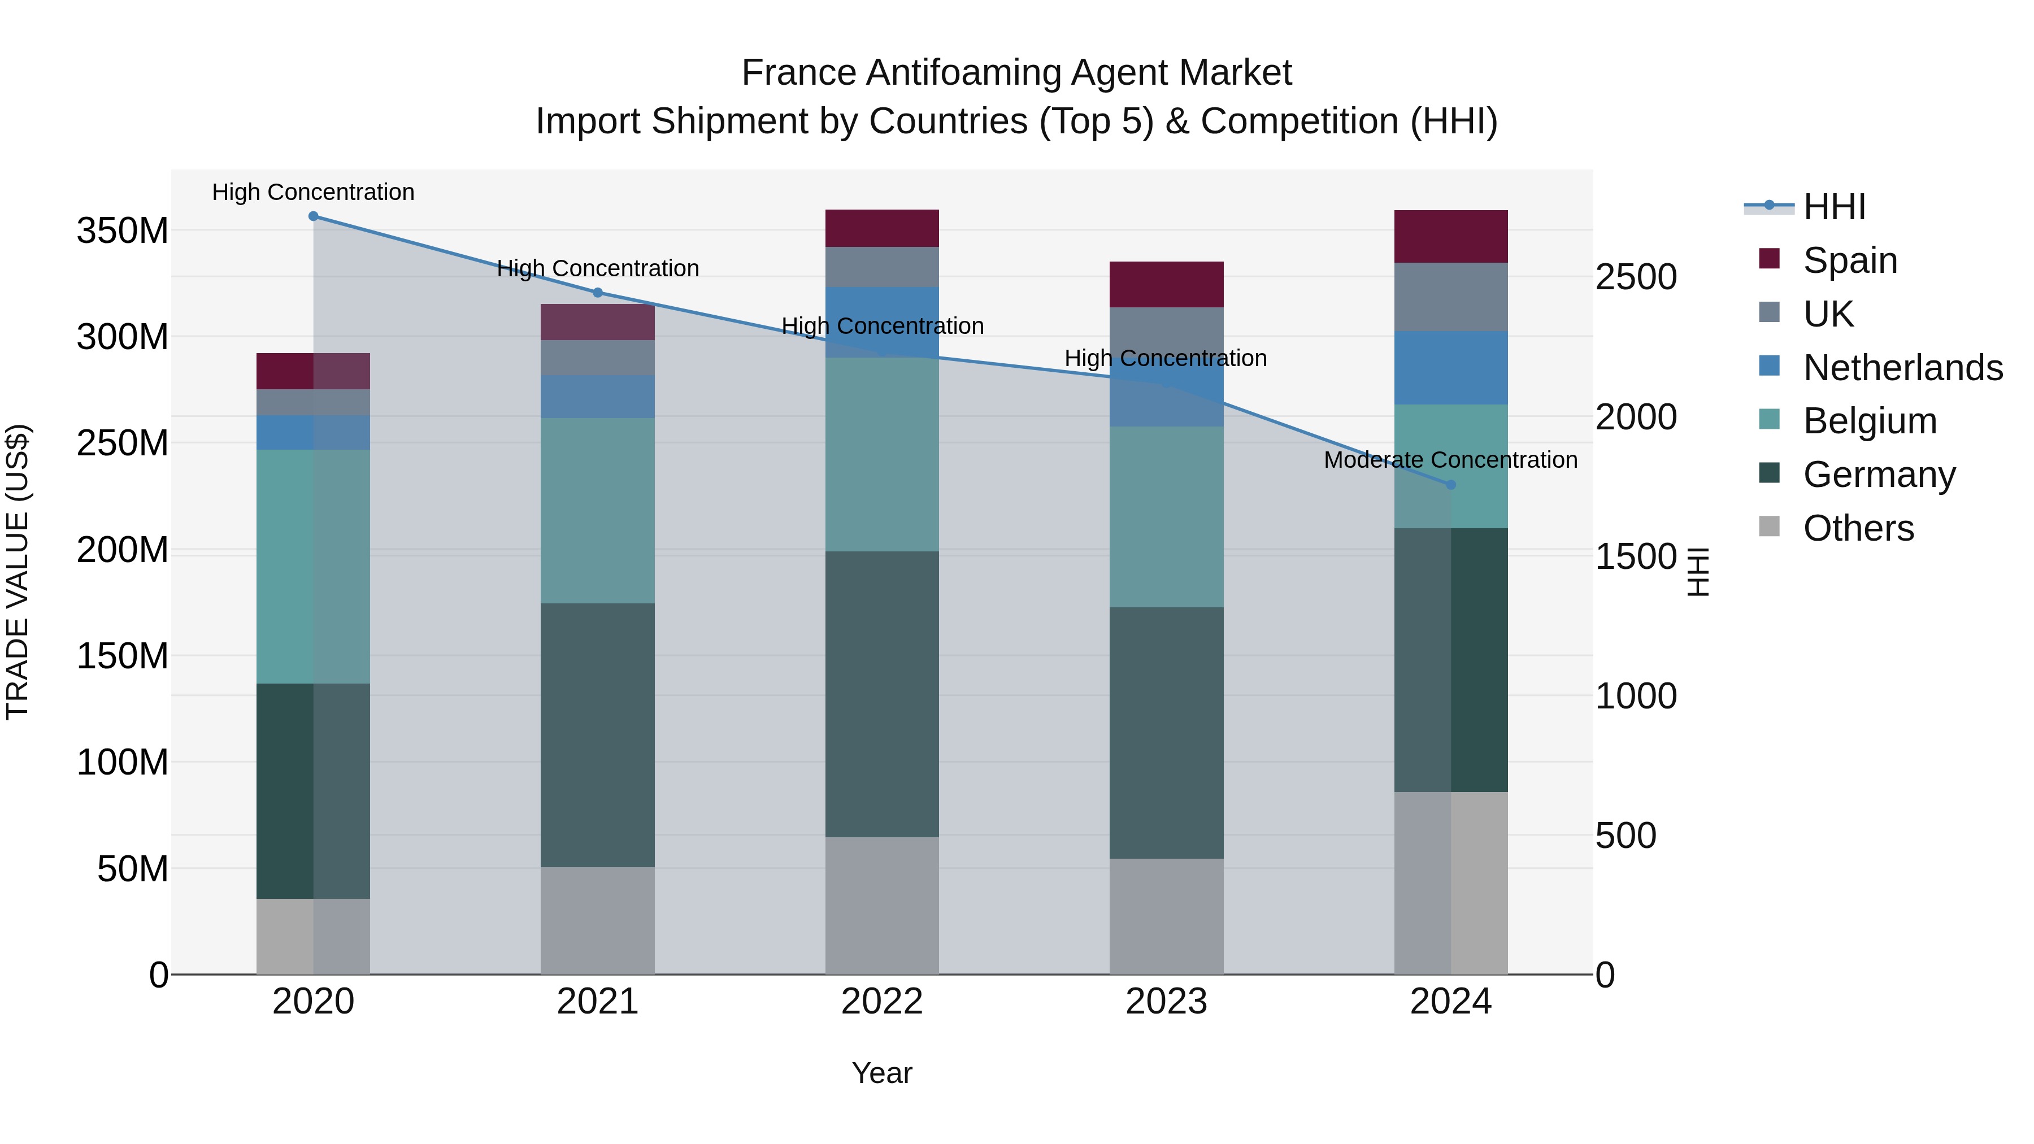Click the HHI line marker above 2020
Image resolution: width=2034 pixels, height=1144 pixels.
coord(314,216)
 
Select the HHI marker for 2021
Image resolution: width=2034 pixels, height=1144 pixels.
coord(598,293)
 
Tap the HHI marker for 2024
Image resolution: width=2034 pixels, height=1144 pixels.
coord(1450,485)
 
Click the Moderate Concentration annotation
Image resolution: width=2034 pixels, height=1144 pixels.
coord(1450,459)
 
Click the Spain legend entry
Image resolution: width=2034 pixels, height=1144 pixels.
coord(1849,260)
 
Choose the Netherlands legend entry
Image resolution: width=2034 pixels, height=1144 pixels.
coord(1902,367)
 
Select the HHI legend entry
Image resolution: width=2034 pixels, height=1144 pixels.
coord(1833,207)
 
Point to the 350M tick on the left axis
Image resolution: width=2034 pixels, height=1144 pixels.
coord(123,230)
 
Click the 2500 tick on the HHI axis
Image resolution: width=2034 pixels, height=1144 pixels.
coord(1636,277)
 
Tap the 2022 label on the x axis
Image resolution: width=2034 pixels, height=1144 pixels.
coord(882,1002)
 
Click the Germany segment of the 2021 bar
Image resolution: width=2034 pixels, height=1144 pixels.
coord(598,734)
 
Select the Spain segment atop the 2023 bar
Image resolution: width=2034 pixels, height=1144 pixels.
coord(1166,284)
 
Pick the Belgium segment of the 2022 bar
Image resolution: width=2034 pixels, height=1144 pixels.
coord(882,454)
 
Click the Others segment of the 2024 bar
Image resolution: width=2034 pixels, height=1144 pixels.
coord(1450,882)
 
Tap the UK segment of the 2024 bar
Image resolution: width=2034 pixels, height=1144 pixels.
coord(1450,297)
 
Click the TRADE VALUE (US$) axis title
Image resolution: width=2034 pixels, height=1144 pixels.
coord(18,572)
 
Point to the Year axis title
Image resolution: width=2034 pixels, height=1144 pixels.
coord(882,1073)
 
